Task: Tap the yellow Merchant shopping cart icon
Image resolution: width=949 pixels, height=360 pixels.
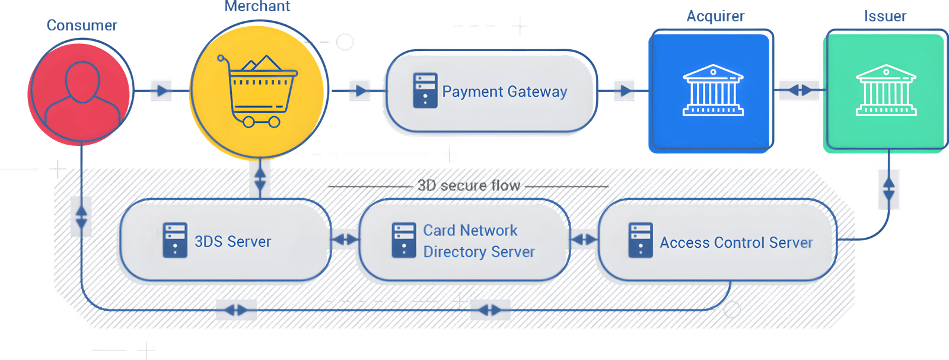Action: click(257, 91)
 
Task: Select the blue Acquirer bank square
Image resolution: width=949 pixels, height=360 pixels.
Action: click(712, 91)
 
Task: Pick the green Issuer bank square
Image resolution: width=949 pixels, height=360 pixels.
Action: click(885, 91)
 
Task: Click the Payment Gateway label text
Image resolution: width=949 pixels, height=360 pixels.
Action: click(504, 92)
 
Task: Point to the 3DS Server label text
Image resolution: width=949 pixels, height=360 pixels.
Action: click(233, 242)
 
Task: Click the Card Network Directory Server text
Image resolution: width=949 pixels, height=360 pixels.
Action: click(479, 241)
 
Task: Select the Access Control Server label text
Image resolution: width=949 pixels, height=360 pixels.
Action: click(735, 243)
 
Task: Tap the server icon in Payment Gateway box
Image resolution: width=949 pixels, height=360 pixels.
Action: click(425, 91)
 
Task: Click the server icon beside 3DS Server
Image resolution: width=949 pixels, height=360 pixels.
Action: click(175, 240)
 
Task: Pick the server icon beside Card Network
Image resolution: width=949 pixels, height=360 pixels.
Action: click(404, 240)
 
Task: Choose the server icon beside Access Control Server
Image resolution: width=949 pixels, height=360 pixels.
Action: click(641, 240)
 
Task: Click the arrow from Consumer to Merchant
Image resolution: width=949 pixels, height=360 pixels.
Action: click(161, 91)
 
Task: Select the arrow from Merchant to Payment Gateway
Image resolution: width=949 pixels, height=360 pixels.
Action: click(359, 91)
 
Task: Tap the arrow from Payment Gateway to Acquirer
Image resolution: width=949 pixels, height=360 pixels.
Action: click(624, 91)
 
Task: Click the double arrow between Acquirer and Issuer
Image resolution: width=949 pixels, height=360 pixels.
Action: click(799, 90)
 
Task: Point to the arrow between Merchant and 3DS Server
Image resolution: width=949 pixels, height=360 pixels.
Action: click(259, 179)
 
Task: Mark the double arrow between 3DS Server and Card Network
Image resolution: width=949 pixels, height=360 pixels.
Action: click(345, 240)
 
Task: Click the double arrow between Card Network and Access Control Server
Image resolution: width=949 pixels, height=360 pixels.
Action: click(584, 240)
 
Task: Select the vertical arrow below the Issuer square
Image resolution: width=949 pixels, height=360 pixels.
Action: click(888, 189)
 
